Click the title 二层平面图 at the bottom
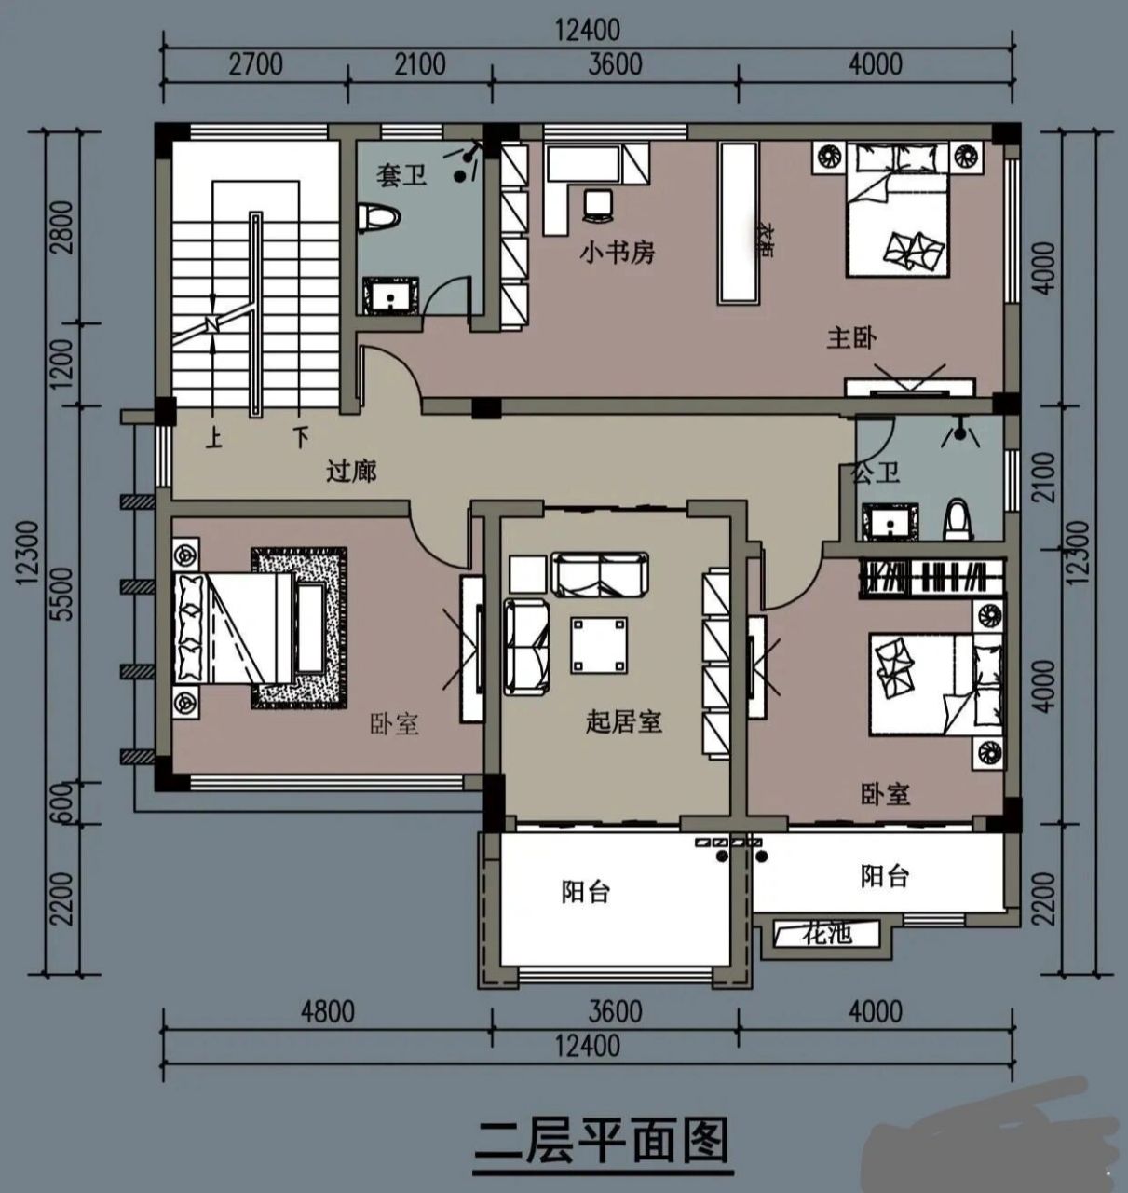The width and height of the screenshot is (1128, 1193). click(x=601, y=1140)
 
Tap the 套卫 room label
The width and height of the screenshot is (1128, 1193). click(x=401, y=174)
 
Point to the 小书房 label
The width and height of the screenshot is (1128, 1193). click(x=617, y=252)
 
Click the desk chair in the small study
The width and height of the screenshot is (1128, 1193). click(x=596, y=203)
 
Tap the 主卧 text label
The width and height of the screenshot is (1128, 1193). click(x=851, y=337)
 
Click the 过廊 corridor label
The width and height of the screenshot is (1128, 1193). click(x=351, y=471)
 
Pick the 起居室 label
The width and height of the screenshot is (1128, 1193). click(x=623, y=721)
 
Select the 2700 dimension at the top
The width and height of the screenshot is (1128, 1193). click(x=254, y=64)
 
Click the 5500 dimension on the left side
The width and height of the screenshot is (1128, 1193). click(x=62, y=594)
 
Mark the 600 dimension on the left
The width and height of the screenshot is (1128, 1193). click(x=62, y=802)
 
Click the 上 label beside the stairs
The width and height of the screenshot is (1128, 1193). click(x=214, y=436)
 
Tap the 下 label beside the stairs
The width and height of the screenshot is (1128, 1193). click(x=300, y=436)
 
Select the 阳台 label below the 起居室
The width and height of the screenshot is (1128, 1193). click(x=586, y=892)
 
